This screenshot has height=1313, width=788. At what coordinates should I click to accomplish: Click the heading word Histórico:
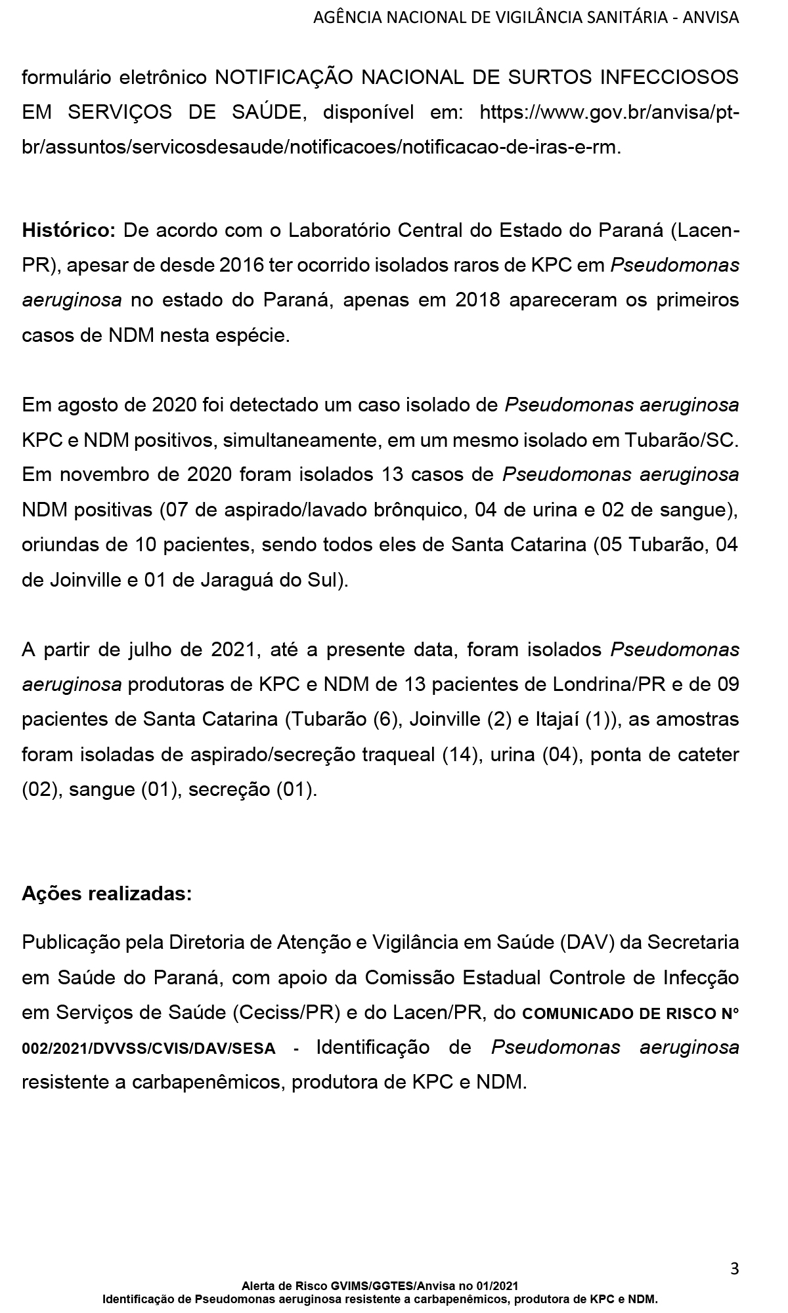click(69, 230)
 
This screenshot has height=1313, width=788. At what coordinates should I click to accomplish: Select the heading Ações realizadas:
click(107, 894)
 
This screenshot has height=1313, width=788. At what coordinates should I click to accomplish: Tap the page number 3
click(734, 1269)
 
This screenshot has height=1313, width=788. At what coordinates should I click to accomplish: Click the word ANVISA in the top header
click(711, 18)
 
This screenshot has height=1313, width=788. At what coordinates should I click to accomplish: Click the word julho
click(158, 650)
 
